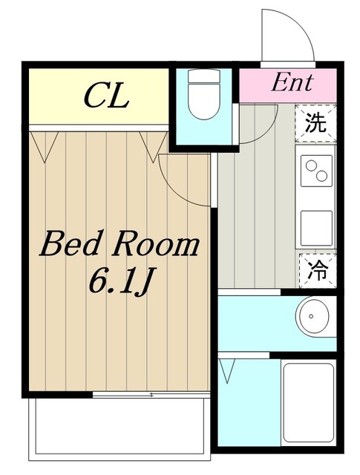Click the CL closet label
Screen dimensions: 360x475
[106, 96]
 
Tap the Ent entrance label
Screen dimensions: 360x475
[291, 82]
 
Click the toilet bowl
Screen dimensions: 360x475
[203, 102]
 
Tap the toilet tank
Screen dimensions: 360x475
[203, 76]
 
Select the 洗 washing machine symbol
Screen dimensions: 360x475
[315, 123]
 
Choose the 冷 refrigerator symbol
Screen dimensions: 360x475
[318, 270]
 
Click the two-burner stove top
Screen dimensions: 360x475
[316, 171]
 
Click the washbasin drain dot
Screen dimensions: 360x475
[311, 316]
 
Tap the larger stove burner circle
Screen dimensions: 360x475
[321, 175]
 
